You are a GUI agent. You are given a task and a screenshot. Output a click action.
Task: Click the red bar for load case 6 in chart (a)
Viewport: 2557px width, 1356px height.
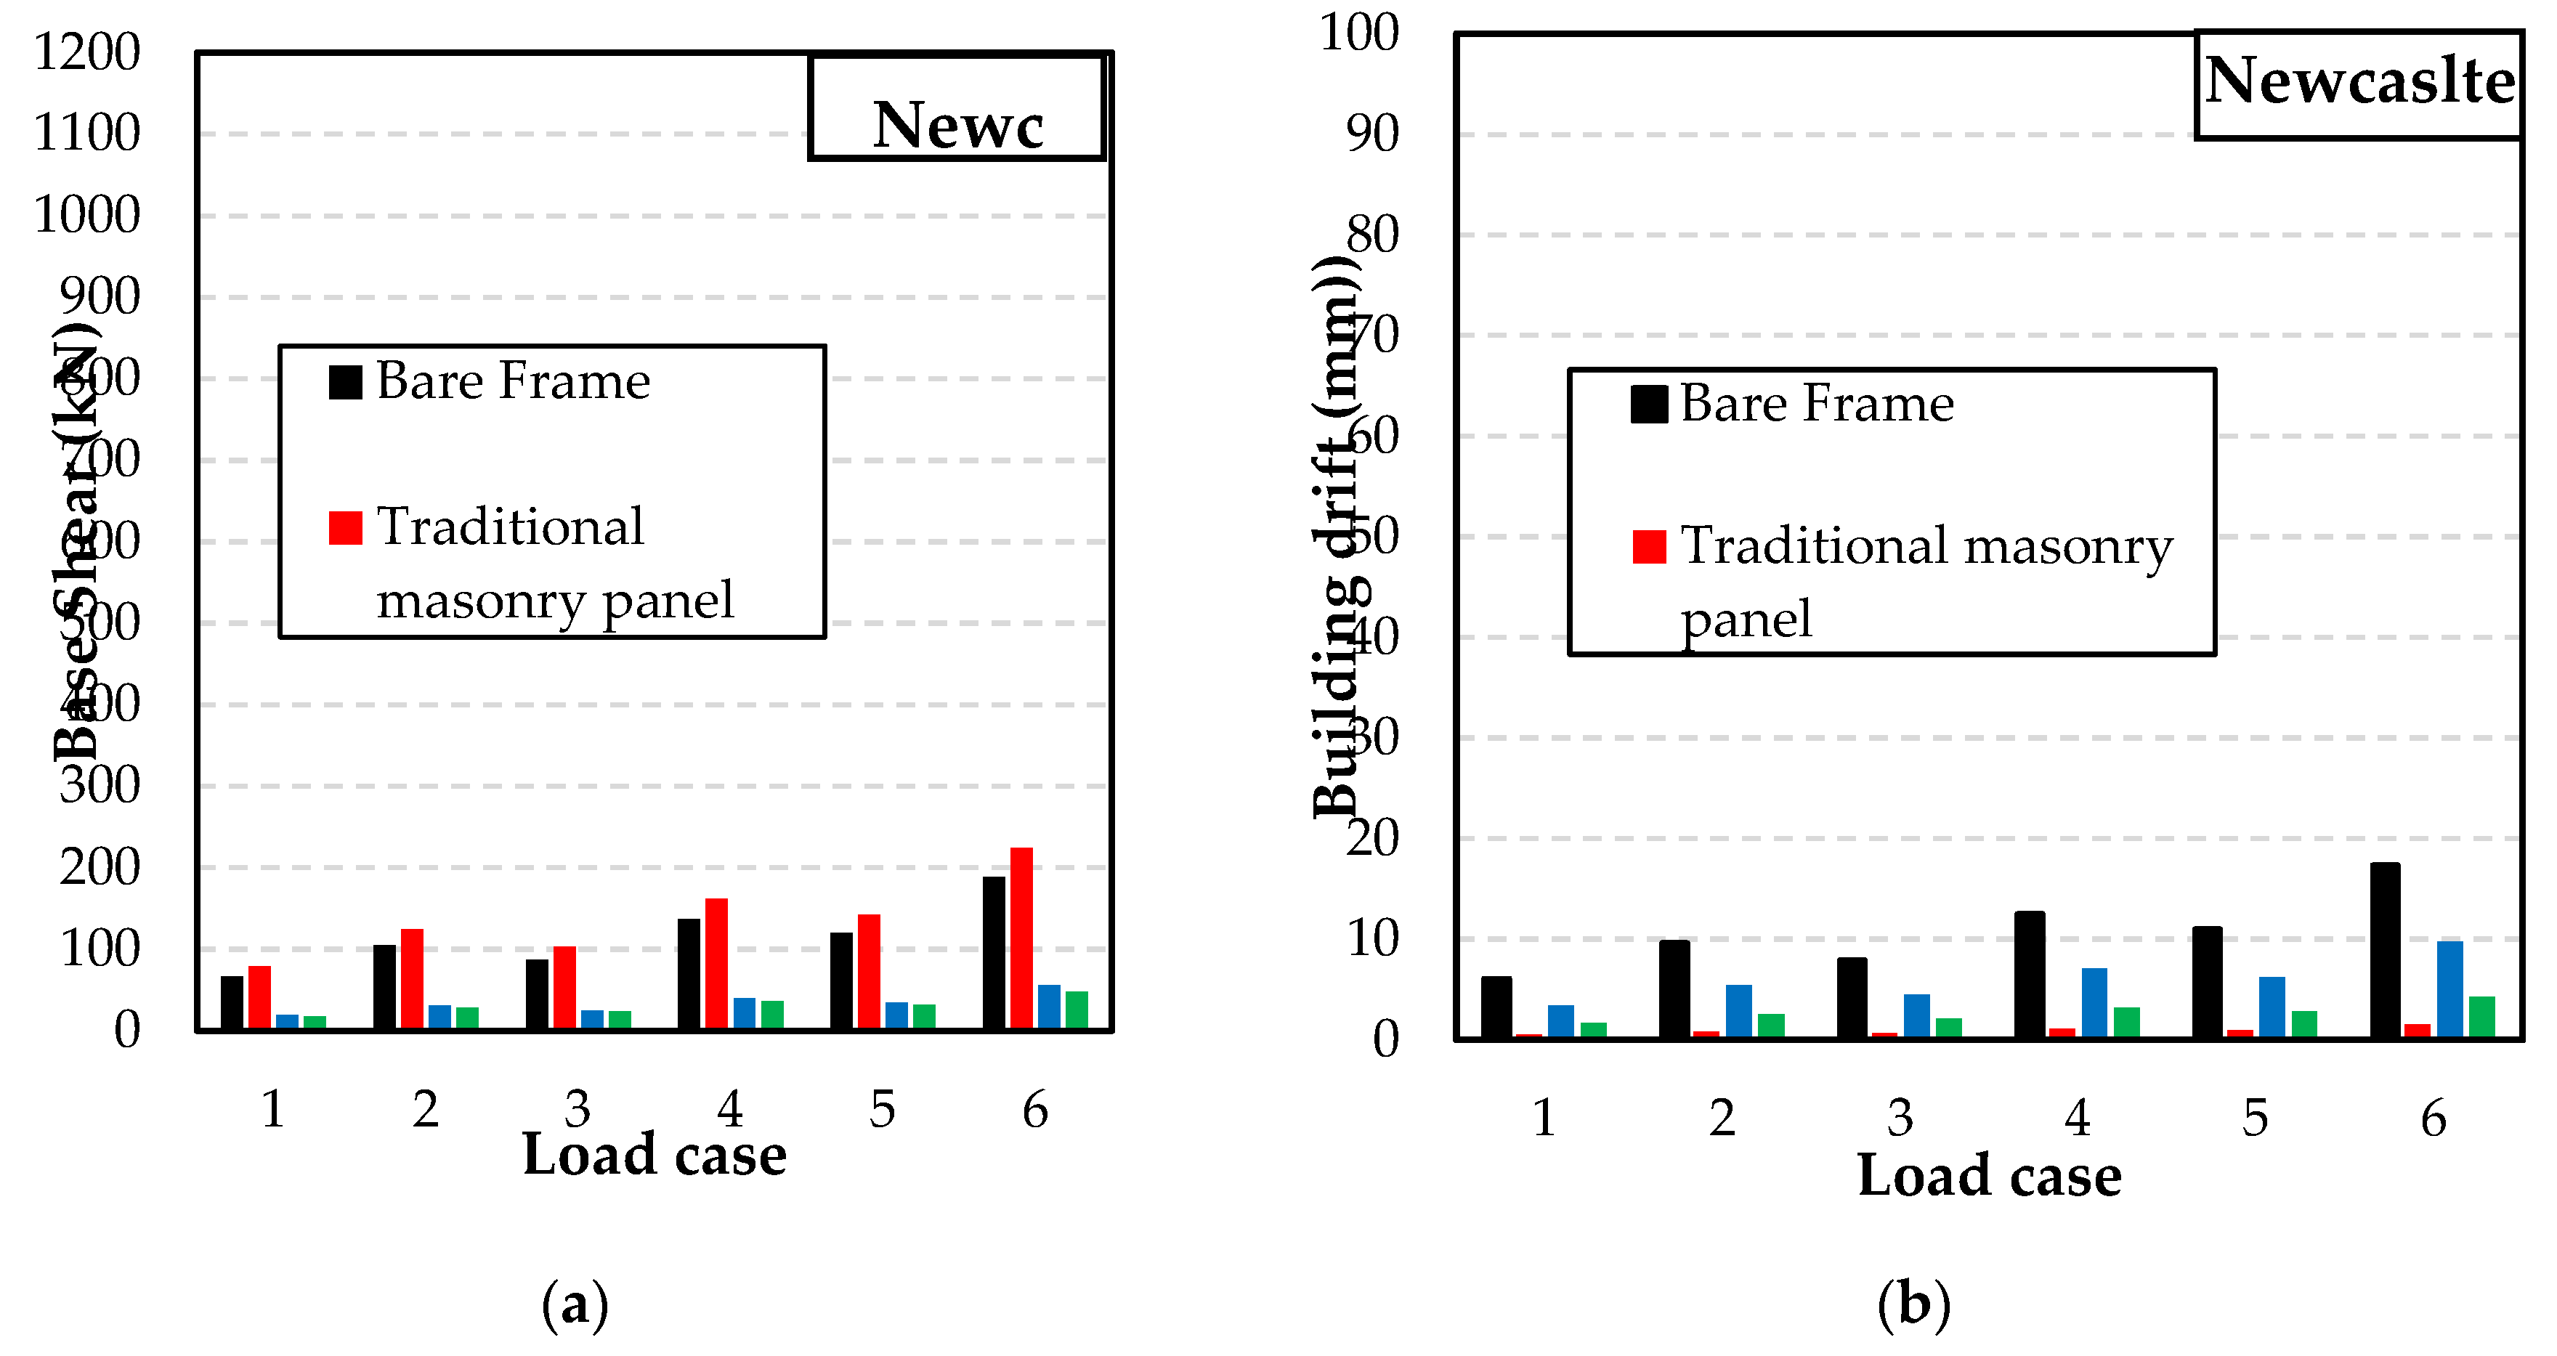(x=1021, y=938)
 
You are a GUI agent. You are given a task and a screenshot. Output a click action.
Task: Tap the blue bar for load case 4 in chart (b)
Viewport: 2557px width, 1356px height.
(x=2094, y=1002)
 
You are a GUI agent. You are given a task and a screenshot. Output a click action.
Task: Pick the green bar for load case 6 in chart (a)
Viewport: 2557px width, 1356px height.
(x=1076, y=1010)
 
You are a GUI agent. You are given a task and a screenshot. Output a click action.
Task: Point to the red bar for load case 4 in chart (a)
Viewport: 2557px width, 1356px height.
(x=716, y=964)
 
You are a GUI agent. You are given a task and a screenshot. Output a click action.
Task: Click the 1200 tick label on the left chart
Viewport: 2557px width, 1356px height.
(x=87, y=52)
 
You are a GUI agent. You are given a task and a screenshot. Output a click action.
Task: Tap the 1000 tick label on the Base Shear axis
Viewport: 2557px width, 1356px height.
(x=87, y=214)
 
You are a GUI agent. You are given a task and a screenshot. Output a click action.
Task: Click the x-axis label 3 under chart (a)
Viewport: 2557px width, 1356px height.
(x=578, y=1109)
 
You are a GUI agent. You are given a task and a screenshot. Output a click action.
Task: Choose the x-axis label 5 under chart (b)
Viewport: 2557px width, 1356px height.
(x=2256, y=1118)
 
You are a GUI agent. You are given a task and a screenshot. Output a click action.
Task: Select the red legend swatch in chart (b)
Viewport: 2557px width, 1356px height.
(x=1649, y=547)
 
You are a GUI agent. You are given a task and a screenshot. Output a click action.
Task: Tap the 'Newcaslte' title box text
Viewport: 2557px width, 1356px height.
(x=2359, y=81)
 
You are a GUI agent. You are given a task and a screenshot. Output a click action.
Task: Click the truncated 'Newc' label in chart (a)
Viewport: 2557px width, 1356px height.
(x=958, y=126)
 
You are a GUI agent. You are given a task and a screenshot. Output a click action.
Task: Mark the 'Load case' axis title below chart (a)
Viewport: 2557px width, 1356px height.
(x=654, y=1155)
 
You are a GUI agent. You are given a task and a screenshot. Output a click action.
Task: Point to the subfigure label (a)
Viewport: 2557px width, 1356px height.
(x=575, y=1304)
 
